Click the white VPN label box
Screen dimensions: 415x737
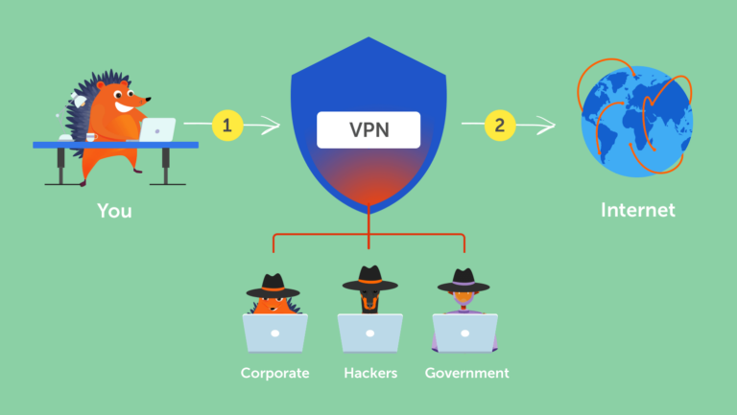(368, 128)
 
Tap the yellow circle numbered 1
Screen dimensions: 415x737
(226, 125)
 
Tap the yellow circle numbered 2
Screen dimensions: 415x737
(500, 125)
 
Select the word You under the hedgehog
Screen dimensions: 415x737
(114, 210)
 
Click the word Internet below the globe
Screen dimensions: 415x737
(637, 210)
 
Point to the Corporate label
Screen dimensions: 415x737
(274, 373)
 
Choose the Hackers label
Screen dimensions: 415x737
(369, 373)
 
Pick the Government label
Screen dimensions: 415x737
(467, 373)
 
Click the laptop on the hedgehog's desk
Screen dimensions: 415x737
(157, 129)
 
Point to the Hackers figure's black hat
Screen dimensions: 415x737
(369, 279)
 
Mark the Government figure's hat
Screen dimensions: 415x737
(464, 281)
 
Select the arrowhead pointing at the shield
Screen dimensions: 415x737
(274, 125)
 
